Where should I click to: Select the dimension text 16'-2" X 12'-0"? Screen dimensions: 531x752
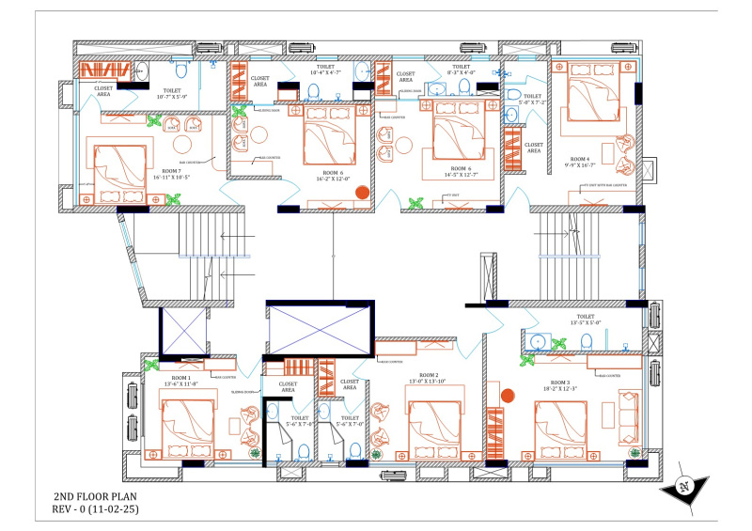(x=334, y=180)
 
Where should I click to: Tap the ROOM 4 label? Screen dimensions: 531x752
(x=579, y=159)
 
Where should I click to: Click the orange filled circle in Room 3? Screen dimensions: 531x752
(x=509, y=397)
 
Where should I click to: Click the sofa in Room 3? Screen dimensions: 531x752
(x=625, y=414)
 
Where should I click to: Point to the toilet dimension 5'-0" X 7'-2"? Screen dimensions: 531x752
(x=532, y=102)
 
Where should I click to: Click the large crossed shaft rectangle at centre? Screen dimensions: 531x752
(x=321, y=328)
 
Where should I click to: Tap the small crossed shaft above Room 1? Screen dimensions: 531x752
(x=184, y=333)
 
